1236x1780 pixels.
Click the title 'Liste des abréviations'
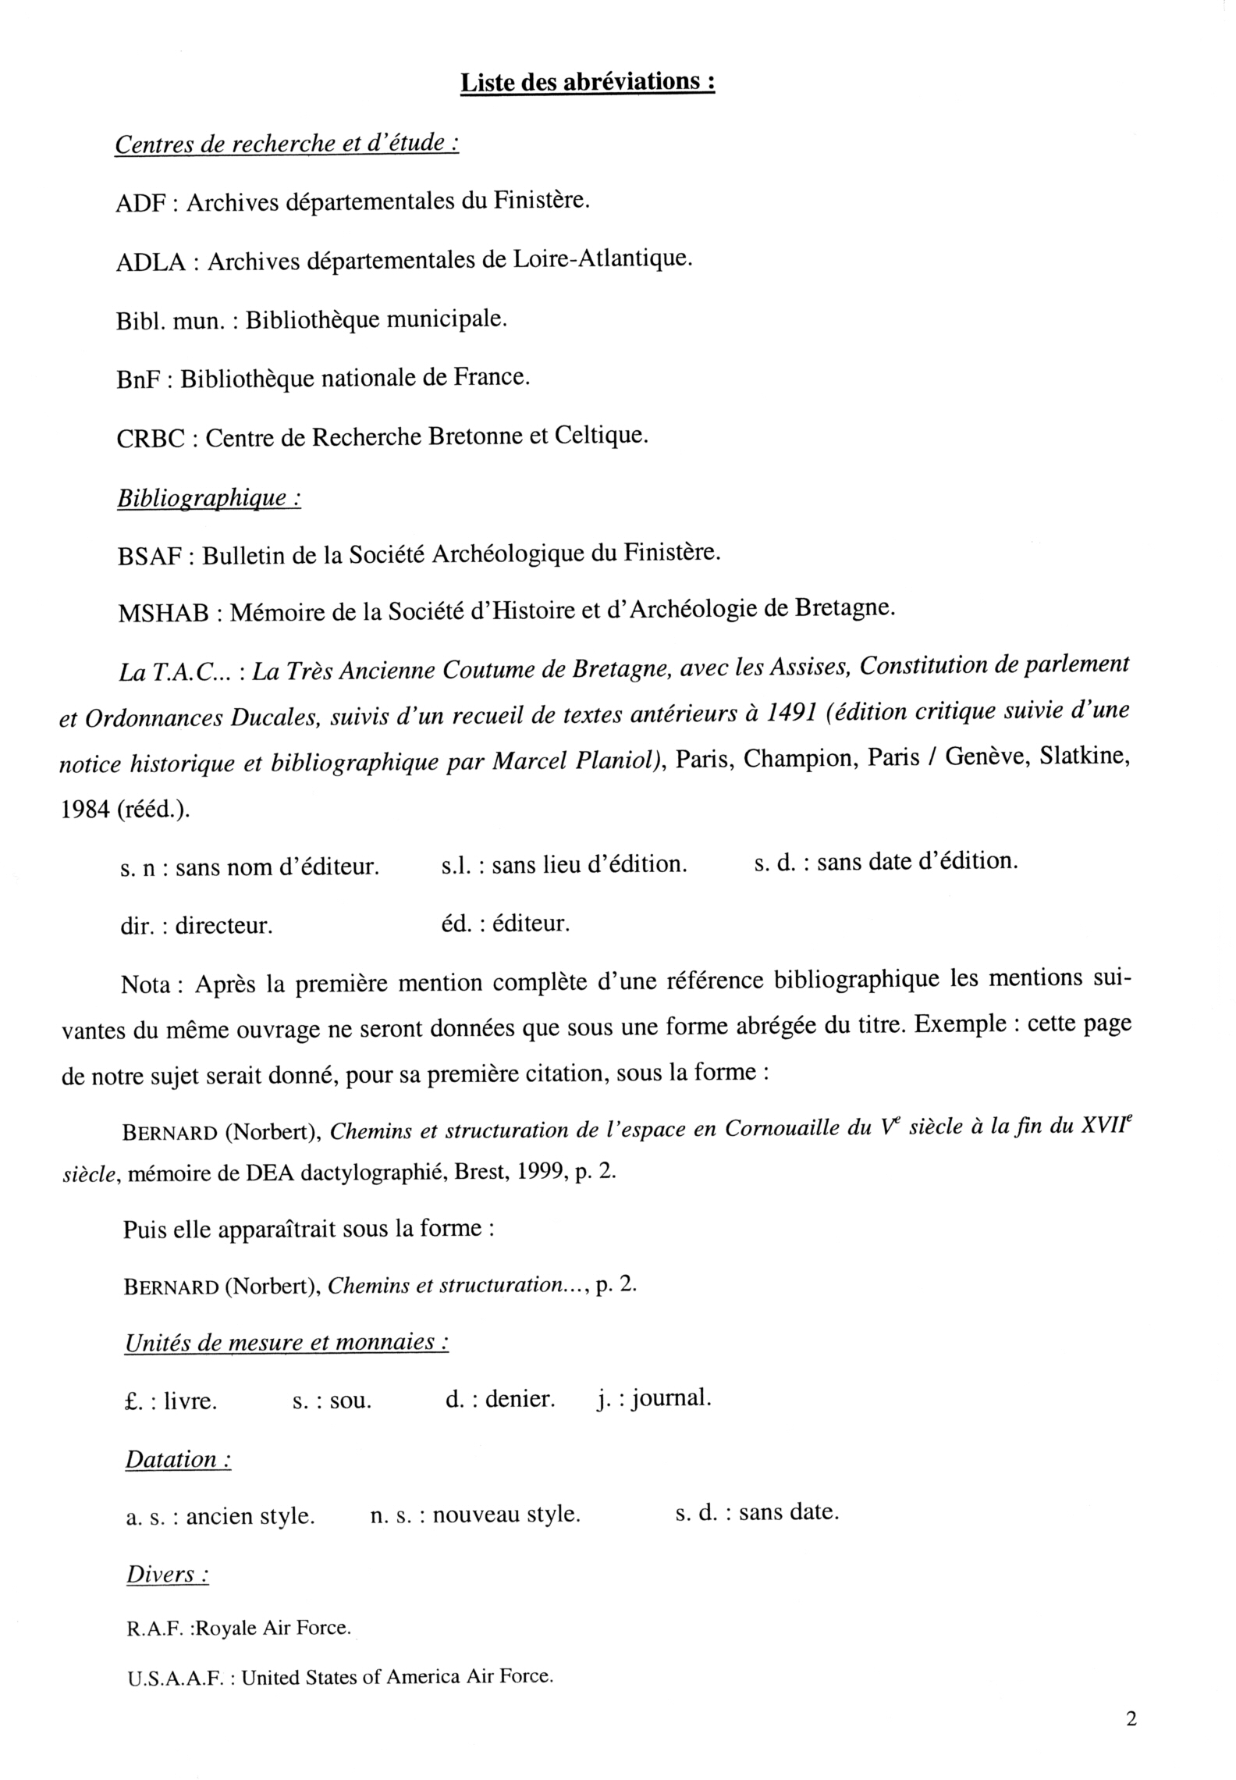click(587, 83)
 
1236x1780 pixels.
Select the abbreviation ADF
click(140, 204)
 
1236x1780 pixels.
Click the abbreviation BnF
click(137, 380)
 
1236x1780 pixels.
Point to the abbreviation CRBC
click(151, 439)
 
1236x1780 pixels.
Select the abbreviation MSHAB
click(163, 614)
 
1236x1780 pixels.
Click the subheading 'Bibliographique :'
click(208, 498)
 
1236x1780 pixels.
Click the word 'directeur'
click(223, 927)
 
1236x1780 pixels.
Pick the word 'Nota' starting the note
click(146, 985)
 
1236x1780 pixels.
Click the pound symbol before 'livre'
click(130, 1401)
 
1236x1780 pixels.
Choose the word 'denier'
click(520, 1400)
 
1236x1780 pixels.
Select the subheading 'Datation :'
click(178, 1459)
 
